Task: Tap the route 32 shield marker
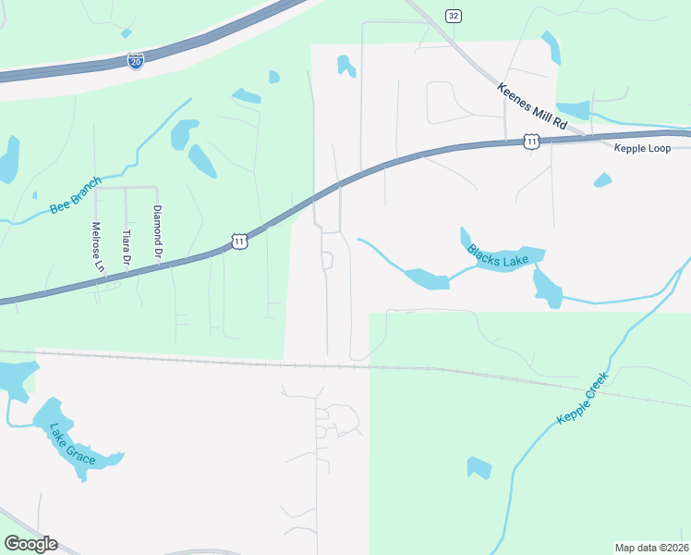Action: [452, 16]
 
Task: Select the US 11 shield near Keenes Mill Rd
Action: [530, 141]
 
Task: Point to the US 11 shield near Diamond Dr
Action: [240, 241]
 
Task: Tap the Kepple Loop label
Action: [644, 148]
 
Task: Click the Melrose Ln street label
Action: [98, 246]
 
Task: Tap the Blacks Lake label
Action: [498, 256]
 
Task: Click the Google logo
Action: [30, 544]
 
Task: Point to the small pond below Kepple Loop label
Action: [602, 179]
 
